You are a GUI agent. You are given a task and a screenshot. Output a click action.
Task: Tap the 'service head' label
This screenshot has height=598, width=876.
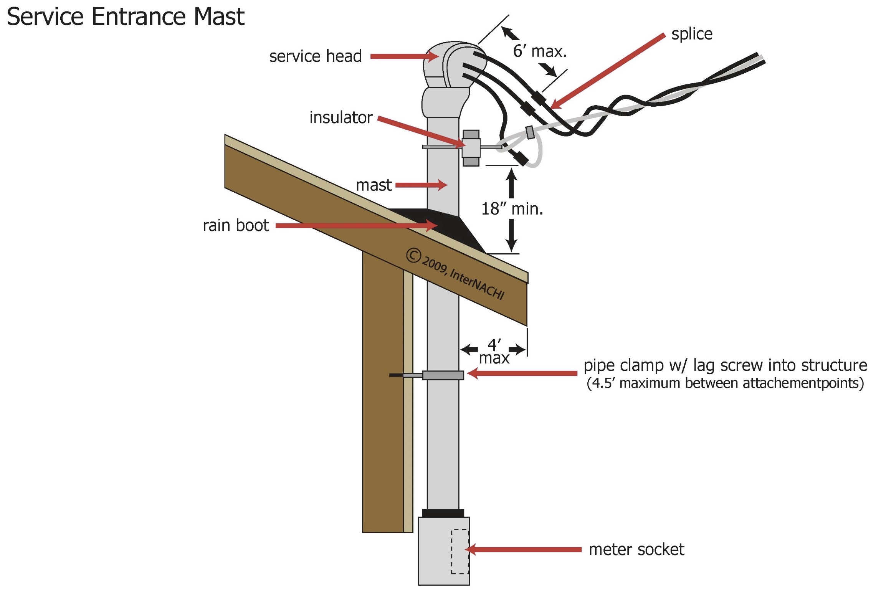click(316, 56)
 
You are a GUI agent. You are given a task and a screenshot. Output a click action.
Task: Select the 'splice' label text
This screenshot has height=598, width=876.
click(692, 34)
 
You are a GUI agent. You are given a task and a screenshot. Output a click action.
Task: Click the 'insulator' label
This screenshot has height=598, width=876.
click(341, 117)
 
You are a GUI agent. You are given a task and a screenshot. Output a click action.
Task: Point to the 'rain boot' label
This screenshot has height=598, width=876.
click(236, 225)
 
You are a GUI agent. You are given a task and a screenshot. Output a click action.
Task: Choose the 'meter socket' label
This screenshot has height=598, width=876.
click(636, 549)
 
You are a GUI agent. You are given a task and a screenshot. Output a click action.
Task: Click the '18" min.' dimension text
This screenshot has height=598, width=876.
click(512, 209)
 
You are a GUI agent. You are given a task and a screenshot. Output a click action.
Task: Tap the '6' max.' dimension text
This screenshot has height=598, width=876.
click(540, 51)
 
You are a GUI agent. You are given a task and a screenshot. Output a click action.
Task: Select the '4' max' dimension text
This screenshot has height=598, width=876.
click(494, 351)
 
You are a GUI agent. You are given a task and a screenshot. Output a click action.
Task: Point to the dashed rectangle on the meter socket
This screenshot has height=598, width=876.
click(459, 552)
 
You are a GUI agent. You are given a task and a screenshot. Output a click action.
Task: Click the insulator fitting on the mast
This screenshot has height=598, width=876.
click(471, 148)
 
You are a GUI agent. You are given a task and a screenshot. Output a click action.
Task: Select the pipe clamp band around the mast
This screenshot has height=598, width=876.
click(443, 375)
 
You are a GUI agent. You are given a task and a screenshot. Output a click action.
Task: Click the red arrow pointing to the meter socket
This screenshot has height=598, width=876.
click(524, 549)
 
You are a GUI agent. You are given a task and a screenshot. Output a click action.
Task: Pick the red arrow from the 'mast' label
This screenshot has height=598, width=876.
click(421, 185)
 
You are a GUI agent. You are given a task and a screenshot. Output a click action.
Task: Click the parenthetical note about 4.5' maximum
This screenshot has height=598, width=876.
click(725, 383)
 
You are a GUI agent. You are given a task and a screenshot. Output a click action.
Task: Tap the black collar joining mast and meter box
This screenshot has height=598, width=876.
click(443, 513)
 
